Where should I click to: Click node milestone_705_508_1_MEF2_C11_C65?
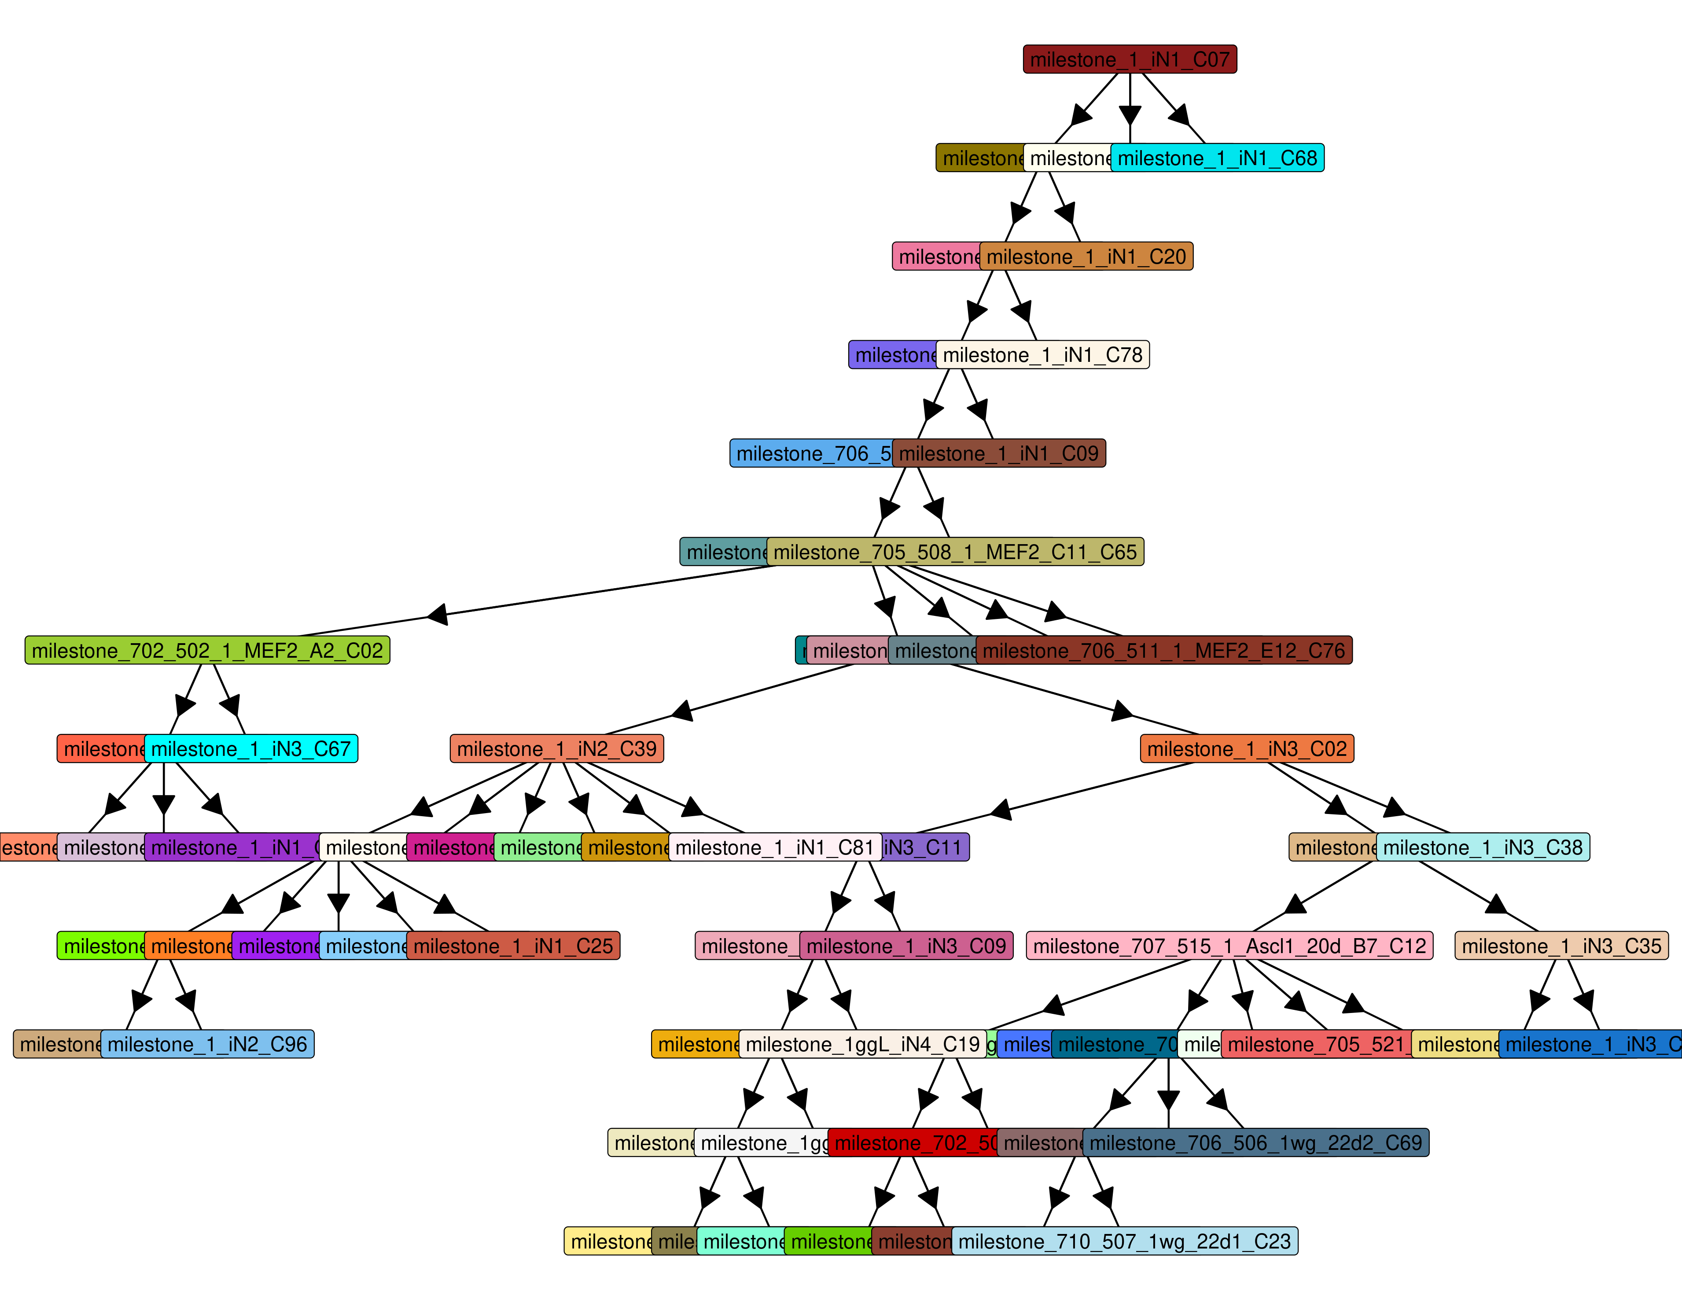[955, 552]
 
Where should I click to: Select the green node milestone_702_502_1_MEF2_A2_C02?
[207, 651]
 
